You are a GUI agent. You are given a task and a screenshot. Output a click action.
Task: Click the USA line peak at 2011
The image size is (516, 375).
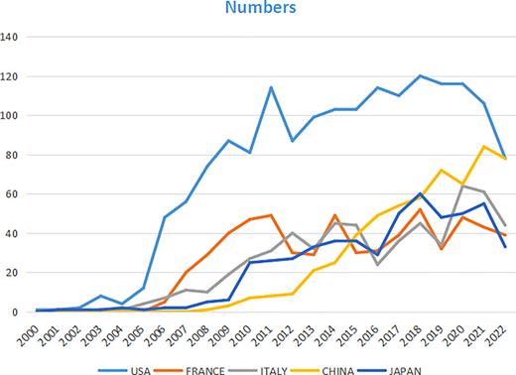270,87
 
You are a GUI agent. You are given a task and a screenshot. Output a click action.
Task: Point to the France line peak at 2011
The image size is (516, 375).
270,215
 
